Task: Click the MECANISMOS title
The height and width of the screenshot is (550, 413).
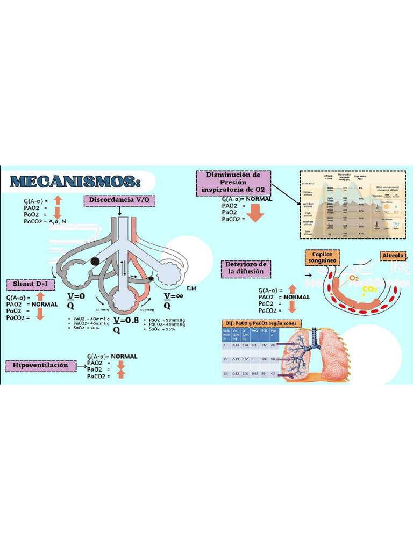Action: coord(76,181)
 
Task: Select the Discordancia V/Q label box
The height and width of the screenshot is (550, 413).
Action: coord(119,200)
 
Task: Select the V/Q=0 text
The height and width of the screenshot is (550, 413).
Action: coord(76,300)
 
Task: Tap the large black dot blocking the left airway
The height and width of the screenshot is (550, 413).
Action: coord(95,262)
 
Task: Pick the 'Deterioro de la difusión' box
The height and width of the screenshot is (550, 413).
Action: coord(246,268)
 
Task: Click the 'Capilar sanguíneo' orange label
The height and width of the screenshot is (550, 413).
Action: coord(322,257)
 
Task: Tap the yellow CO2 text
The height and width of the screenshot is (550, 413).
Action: coord(369,290)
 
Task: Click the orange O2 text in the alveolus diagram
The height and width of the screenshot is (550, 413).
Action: coord(353,278)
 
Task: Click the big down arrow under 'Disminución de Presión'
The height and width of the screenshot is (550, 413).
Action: coord(255,213)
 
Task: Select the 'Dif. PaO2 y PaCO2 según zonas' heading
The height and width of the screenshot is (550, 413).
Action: coord(262,323)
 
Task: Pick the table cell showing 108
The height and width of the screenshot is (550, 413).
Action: coord(265,359)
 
